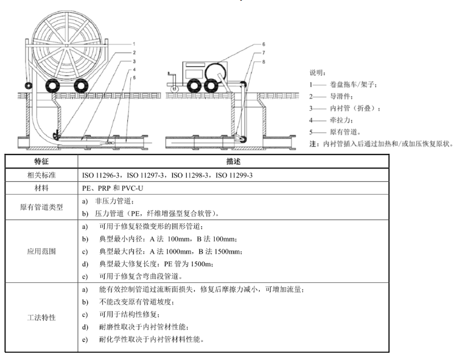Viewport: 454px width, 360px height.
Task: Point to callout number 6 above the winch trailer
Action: click(x=263, y=44)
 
